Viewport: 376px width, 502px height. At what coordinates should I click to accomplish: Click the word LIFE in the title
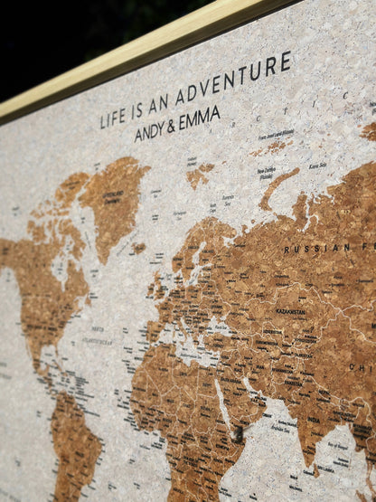tap(114, 118)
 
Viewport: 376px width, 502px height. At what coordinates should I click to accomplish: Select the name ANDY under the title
tap(150, 130)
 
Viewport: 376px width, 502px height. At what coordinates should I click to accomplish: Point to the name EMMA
tap(200, 118)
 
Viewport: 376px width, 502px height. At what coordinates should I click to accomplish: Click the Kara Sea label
tap(316, 166)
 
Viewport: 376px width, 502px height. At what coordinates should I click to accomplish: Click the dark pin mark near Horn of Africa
tap(237, 436)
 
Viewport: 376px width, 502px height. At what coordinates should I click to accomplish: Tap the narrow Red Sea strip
tap(222, 398)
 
